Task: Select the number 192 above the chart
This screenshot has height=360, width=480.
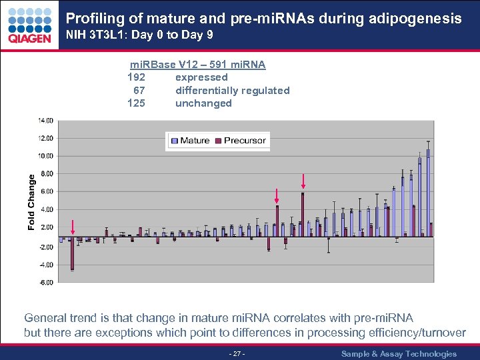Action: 136,77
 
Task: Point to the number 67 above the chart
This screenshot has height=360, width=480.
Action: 139,90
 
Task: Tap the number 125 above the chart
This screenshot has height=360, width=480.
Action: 136,103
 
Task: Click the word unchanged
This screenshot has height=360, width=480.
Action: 203,103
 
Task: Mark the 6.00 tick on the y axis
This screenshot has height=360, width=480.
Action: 46,192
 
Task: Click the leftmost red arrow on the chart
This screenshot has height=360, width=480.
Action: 72,228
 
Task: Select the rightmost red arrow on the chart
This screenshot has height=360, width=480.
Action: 303,181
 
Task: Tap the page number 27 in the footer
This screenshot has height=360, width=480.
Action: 237,354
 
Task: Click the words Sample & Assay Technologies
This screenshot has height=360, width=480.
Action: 399,354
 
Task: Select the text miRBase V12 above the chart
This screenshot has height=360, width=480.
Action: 159,65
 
